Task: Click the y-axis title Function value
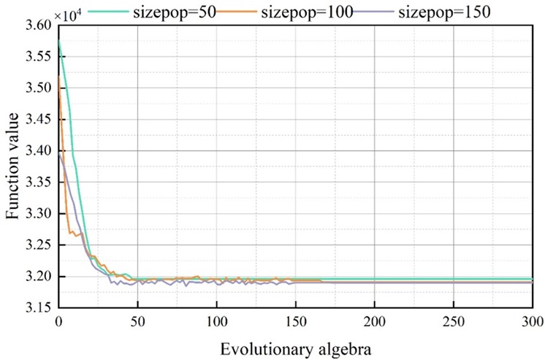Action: pos(12,165)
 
